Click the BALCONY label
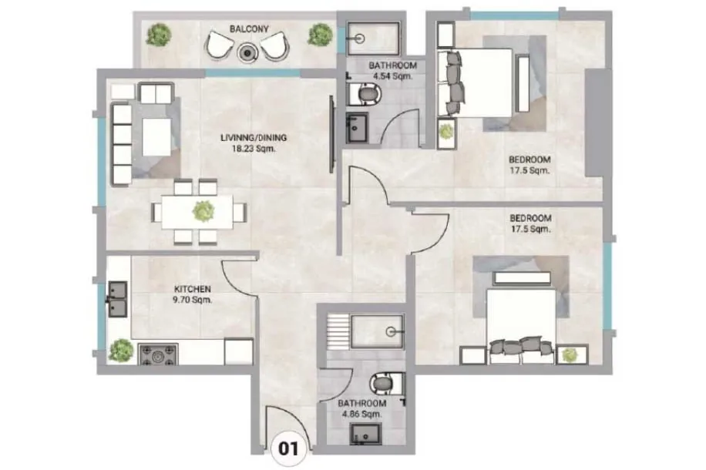(249, 29)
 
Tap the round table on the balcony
(247, 53)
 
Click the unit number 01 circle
(288, 448)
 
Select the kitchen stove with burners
(157, 354)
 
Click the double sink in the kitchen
(117, 299)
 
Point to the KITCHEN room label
(192, 289)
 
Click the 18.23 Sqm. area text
(253, 149)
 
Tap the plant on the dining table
(203, 210)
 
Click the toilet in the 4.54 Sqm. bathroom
(365, 94)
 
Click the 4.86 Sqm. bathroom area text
(361, 415)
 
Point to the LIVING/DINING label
(254, 138)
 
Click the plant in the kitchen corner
(121, 351)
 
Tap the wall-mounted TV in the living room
(332, 134)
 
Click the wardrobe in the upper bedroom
(597, 123)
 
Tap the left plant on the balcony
(159, 34)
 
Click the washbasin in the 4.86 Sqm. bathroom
(365, 435)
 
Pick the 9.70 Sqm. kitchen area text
(192, 300)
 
